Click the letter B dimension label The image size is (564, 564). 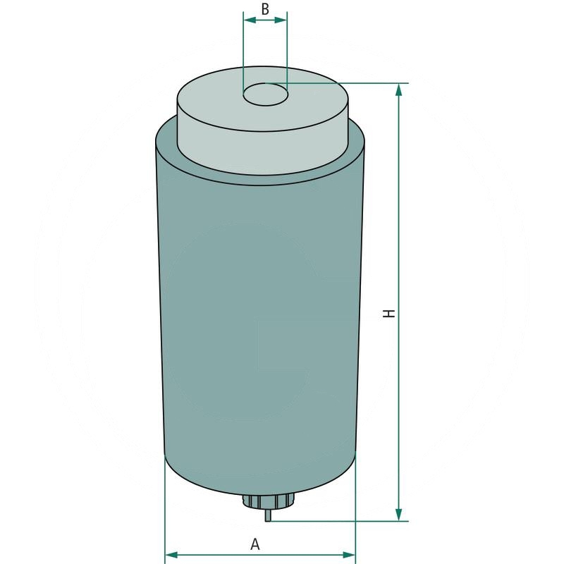(x=265, y=8)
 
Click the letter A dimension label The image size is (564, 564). (x=255, y=544)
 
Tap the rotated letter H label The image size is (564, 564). (x=388, y=312)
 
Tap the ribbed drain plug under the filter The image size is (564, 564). (x=267, y=501)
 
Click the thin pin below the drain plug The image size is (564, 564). (x=267, y=515)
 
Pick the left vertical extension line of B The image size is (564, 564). (x=243, y=49)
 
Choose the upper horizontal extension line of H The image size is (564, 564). (x=352, y=83)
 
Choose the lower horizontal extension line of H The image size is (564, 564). (x=338, y=522)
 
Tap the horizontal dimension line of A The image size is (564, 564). (x=211, y=555)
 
